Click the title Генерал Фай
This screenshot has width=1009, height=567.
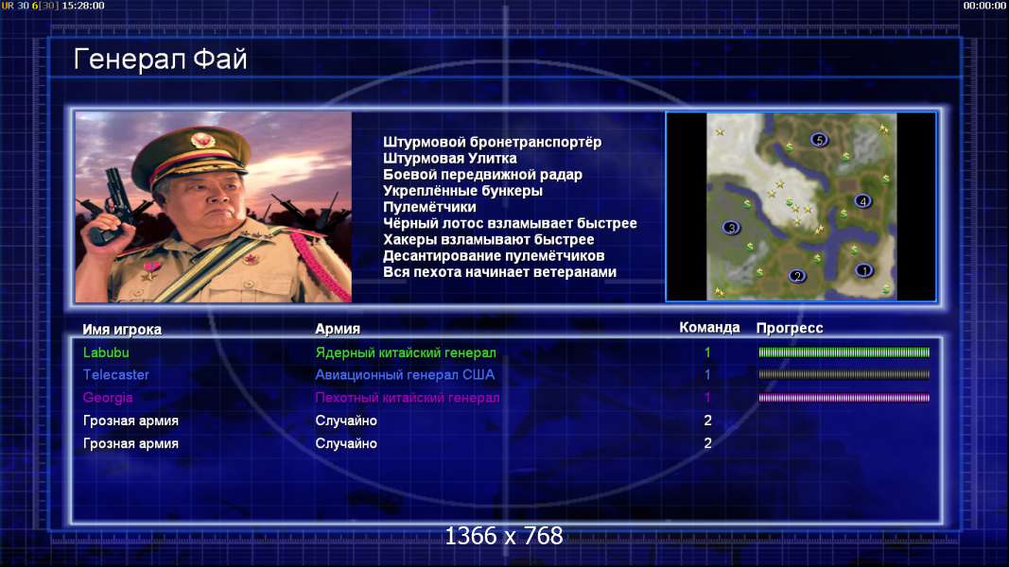(160, 60)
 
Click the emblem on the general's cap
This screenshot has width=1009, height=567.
(202, 140)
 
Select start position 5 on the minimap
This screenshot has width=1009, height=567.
(819, 140)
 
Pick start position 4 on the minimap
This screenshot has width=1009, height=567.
(863, 201)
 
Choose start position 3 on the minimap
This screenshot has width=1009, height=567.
(731, 228)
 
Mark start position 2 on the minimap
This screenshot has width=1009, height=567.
(797, 277)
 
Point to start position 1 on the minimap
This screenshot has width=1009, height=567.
(864, 270)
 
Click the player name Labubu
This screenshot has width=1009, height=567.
(106, 352)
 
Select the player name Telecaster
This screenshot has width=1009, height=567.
(115, 375)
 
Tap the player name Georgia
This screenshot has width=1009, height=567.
(108, 398)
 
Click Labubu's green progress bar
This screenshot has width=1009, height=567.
(844, 352)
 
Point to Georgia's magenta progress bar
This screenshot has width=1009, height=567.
(844, 398)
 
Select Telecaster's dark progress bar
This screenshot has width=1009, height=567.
(844, 375)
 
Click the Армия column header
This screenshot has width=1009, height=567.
(338, 329)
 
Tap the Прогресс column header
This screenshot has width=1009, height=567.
(790, 329)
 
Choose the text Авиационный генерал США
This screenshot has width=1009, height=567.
(405, 375)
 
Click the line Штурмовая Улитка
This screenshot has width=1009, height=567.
(450, 158)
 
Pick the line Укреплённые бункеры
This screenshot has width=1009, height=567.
(462, 191)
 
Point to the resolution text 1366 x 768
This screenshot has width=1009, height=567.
(504, 536)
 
